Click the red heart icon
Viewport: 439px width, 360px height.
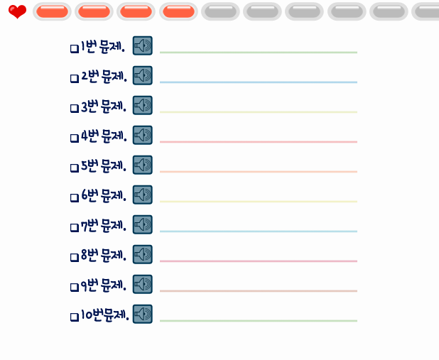17,11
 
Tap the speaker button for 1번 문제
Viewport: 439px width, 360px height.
143,46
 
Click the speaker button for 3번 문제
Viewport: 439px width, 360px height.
143,106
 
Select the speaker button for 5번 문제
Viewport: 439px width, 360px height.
143,165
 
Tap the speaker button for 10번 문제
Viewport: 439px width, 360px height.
143,314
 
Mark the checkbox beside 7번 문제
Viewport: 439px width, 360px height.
74,227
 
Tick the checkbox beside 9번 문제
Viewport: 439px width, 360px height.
74,287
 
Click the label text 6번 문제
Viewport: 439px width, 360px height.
104,196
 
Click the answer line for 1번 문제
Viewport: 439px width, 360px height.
258,51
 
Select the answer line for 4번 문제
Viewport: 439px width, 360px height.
258,141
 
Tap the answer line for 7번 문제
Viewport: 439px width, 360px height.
258,230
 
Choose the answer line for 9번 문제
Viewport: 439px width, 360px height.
258,290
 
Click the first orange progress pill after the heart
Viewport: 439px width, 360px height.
51,11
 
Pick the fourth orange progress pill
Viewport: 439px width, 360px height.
178,11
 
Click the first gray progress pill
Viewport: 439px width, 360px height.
220,11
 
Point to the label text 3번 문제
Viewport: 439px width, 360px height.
104,107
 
